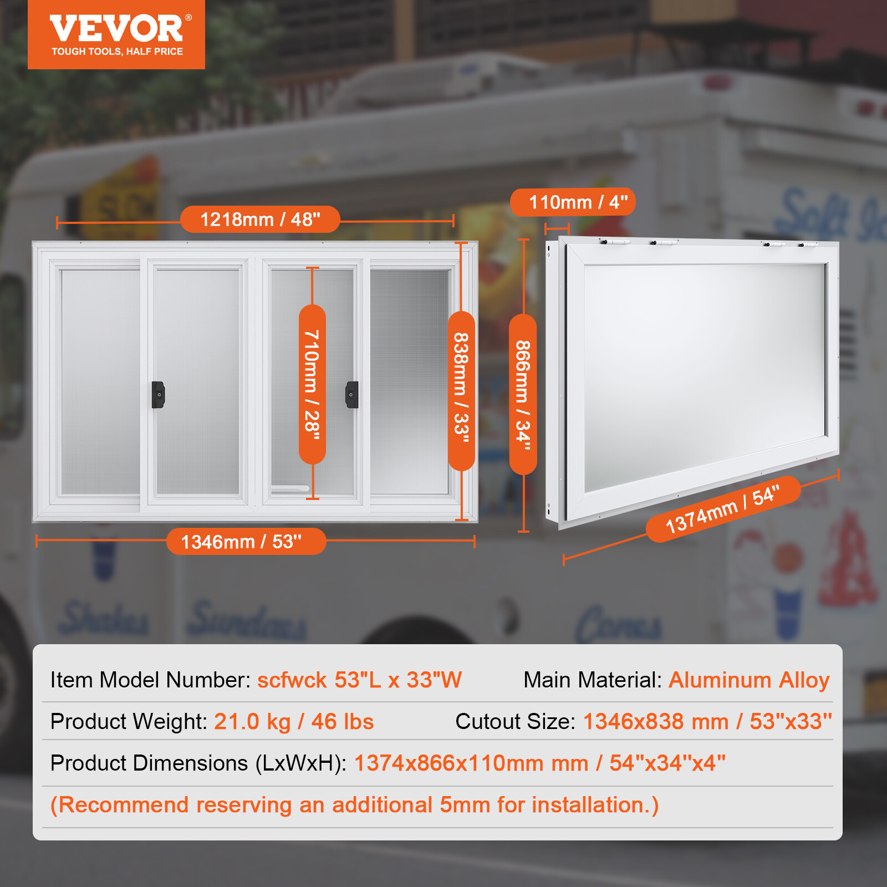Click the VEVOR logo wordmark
point(116,29)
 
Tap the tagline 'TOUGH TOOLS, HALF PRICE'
point(117,52)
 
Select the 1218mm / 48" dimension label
point(260,220)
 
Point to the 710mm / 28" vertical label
point(312,384)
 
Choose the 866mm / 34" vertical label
point(523,394)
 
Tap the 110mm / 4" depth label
point(573,202)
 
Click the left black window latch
point(158,394)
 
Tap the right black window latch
point(352,394)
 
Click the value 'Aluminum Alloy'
point(749,680)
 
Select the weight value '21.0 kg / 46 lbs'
point(294,721)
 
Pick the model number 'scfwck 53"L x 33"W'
point(359,680)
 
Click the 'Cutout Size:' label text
point(515,721)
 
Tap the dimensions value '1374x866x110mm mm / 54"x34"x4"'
point(539,763)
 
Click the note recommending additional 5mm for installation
point(355,804)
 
